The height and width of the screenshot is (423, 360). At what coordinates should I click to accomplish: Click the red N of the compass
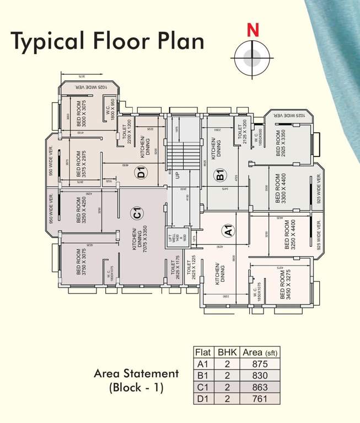pos(252,31)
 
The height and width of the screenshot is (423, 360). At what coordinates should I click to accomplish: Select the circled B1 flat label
pos(221,176)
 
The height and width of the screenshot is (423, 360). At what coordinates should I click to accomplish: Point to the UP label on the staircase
pos(178,176)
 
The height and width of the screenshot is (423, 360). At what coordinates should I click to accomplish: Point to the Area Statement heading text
pos(136,373)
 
